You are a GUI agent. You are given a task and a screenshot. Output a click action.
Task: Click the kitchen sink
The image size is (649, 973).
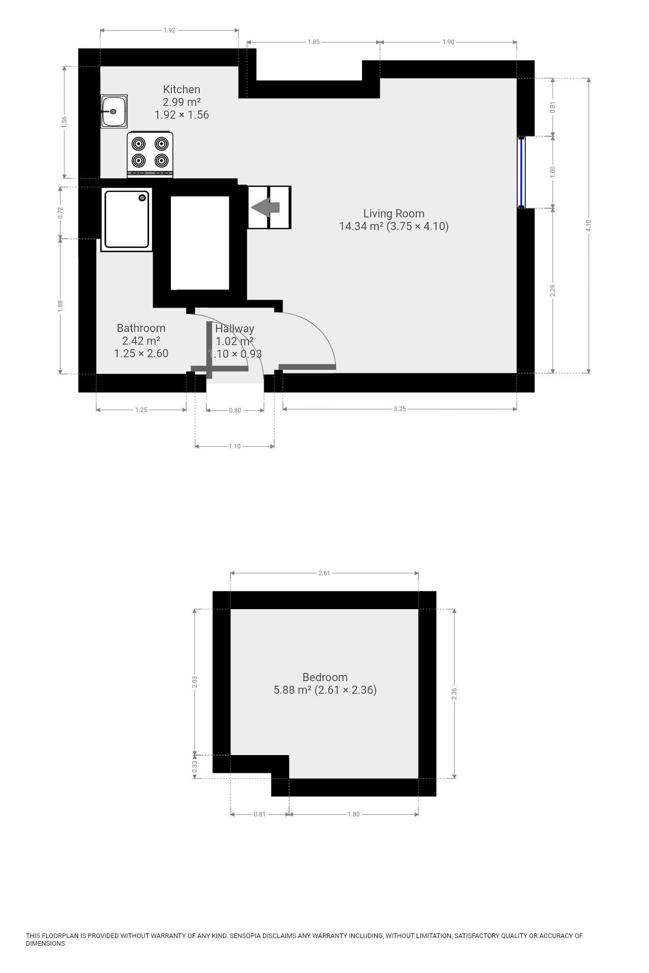114,111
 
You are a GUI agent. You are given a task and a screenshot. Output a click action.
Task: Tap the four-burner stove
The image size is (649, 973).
150,155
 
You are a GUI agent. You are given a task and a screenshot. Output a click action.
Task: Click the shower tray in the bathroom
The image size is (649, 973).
127,219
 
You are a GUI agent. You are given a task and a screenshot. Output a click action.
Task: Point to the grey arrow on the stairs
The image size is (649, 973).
265,207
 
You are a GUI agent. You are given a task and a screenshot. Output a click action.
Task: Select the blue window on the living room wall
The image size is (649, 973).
521,172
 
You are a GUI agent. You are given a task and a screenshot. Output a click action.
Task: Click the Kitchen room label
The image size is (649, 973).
182,90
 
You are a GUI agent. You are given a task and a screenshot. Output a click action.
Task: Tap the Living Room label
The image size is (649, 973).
394,214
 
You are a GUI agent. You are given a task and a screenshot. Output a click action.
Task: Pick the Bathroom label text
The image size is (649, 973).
141,328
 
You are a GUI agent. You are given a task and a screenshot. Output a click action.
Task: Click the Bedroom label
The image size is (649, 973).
325,677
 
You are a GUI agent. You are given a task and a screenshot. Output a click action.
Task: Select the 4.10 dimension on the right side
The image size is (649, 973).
589,226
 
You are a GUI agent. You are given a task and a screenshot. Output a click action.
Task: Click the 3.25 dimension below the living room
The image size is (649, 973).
400,409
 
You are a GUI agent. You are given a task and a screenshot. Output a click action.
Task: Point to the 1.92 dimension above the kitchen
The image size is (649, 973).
169,30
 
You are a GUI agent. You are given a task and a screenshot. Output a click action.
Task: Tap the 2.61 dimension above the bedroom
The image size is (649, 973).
324,573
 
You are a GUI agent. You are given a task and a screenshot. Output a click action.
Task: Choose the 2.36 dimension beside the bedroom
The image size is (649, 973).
454,694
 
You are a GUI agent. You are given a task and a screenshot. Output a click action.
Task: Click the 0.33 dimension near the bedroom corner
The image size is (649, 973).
195,768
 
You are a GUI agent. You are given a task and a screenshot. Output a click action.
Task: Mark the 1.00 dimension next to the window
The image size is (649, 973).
553,172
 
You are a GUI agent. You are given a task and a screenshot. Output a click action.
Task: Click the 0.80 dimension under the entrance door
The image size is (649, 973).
235,410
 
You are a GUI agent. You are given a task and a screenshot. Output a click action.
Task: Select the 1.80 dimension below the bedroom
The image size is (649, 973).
353,814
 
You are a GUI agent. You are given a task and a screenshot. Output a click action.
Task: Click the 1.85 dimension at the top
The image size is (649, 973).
314,42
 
